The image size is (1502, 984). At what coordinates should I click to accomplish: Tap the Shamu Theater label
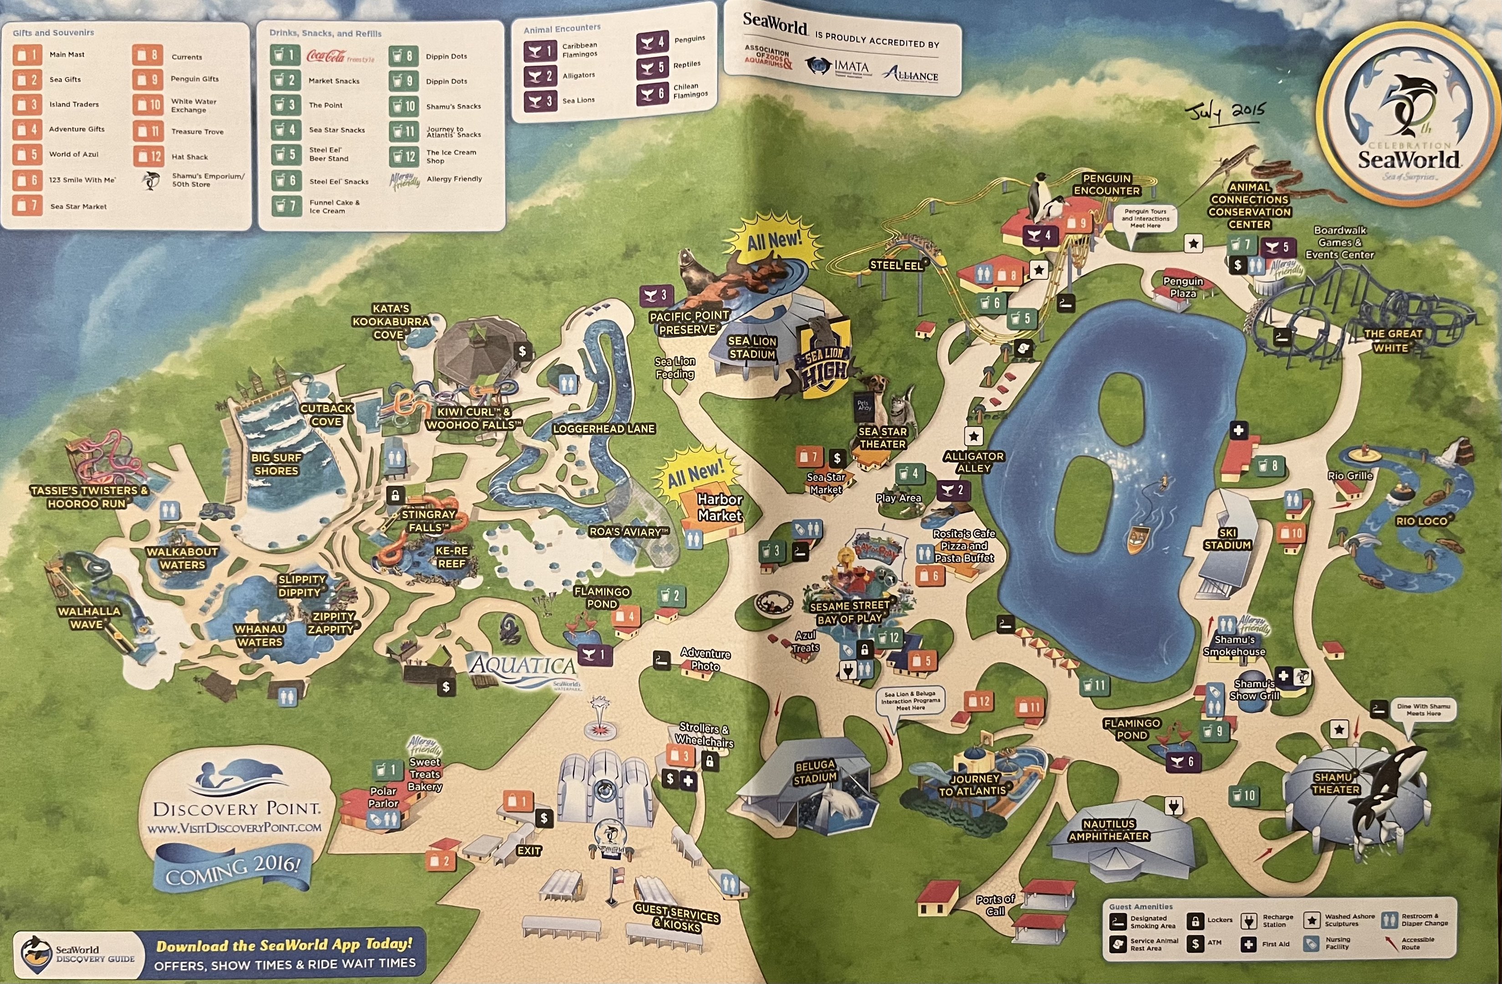[1335, 783]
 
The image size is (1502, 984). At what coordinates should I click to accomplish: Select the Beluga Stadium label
[815, 771]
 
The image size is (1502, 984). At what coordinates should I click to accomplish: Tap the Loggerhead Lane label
[603, 429]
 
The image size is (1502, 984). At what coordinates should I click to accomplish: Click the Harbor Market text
[720, 507]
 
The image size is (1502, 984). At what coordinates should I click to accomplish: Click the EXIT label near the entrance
[529, 851]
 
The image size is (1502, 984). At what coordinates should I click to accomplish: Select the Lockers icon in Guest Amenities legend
[1194, 921]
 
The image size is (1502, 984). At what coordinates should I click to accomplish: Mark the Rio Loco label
[1422, 521]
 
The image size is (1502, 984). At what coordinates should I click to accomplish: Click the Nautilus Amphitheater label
[1109, 830]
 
